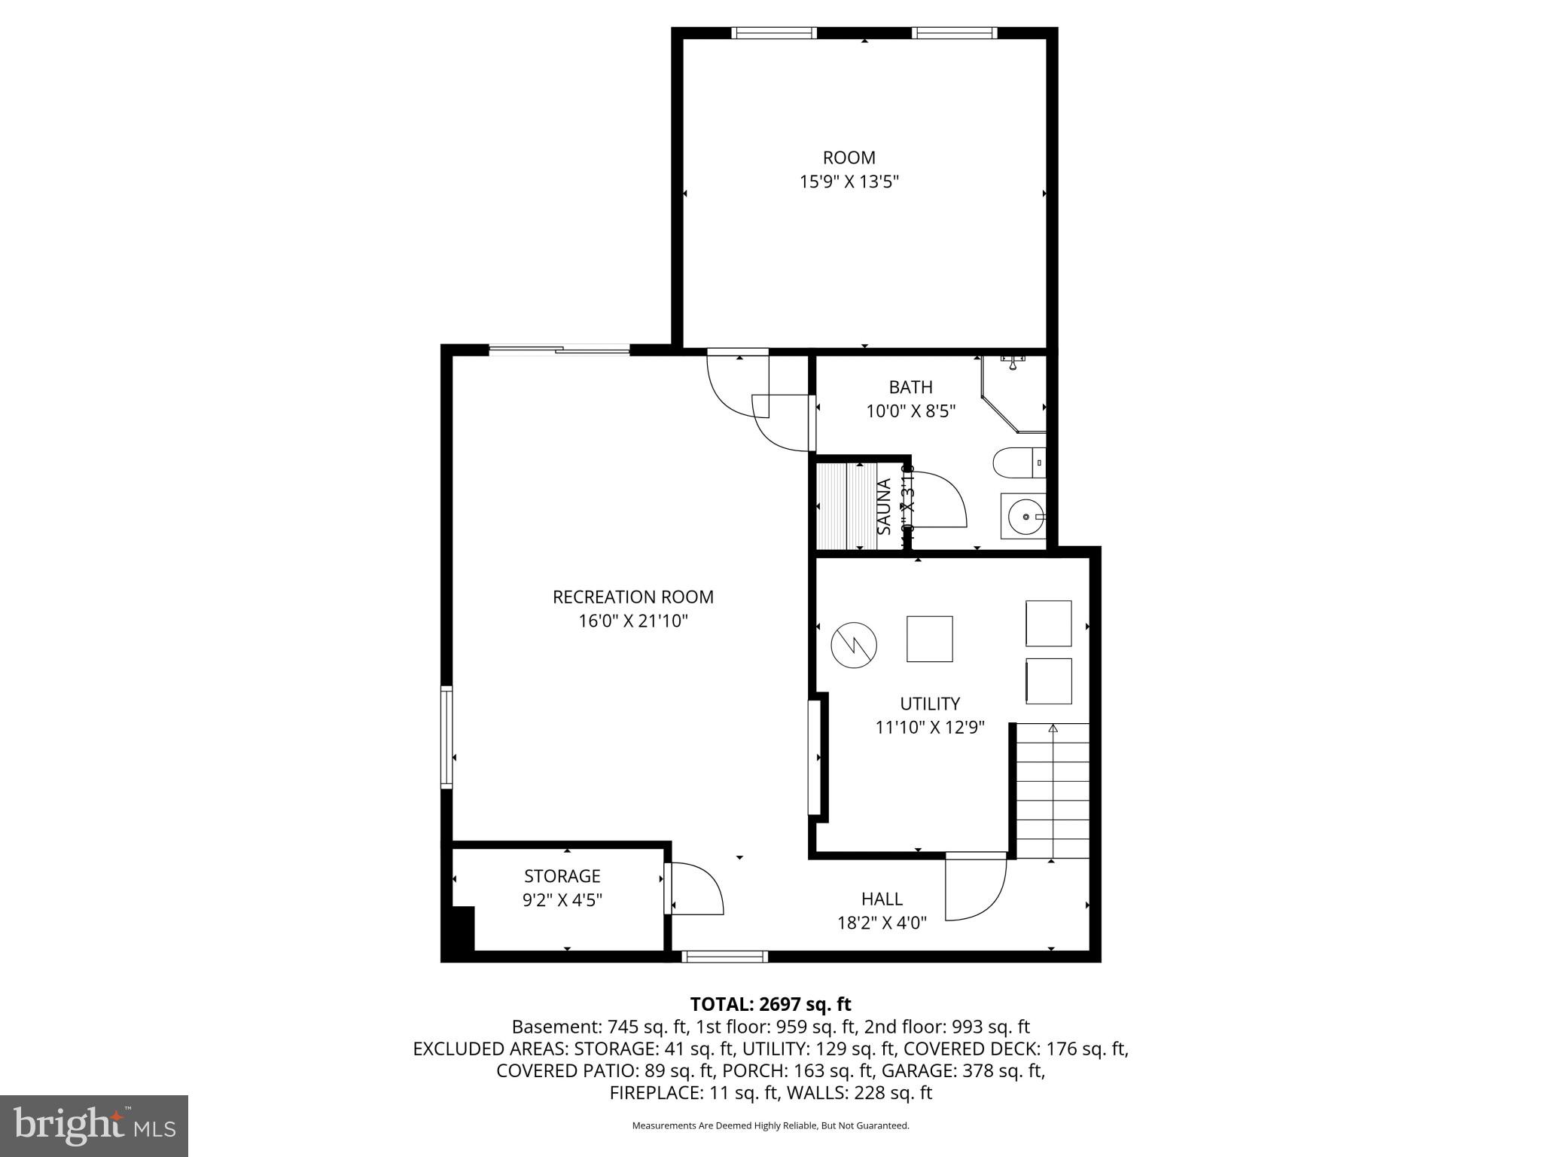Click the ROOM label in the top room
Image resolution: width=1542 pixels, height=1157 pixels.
click(849, 157)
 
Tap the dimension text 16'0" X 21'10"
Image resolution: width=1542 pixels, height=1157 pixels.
click(633, 621)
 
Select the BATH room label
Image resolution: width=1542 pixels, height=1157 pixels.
click(910, 387)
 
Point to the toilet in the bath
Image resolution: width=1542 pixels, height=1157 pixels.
click(1017, 462)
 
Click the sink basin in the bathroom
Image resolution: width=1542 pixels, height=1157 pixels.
click(1022, 517)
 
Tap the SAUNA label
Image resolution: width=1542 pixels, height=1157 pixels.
click(885, 507)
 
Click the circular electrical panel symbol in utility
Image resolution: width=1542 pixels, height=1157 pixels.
click(854, 644)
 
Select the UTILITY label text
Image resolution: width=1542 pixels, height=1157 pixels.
click(930, 704)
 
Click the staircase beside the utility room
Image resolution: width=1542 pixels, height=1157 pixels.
click(1053, 791)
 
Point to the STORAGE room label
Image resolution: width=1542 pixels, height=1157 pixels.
click(562, 876)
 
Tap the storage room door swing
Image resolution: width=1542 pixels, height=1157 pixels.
click(697, 889)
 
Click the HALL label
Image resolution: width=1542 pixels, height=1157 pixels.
click(882, 899)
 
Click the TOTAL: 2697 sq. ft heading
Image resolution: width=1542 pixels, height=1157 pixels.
click(770, 1004)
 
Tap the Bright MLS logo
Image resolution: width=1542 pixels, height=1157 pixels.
click(94, 1125)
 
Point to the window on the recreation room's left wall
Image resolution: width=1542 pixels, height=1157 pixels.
click(446, 737)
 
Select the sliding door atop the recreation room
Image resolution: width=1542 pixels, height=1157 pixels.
click(559, 349)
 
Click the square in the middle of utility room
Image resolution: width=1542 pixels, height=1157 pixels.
click(929, 639)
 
